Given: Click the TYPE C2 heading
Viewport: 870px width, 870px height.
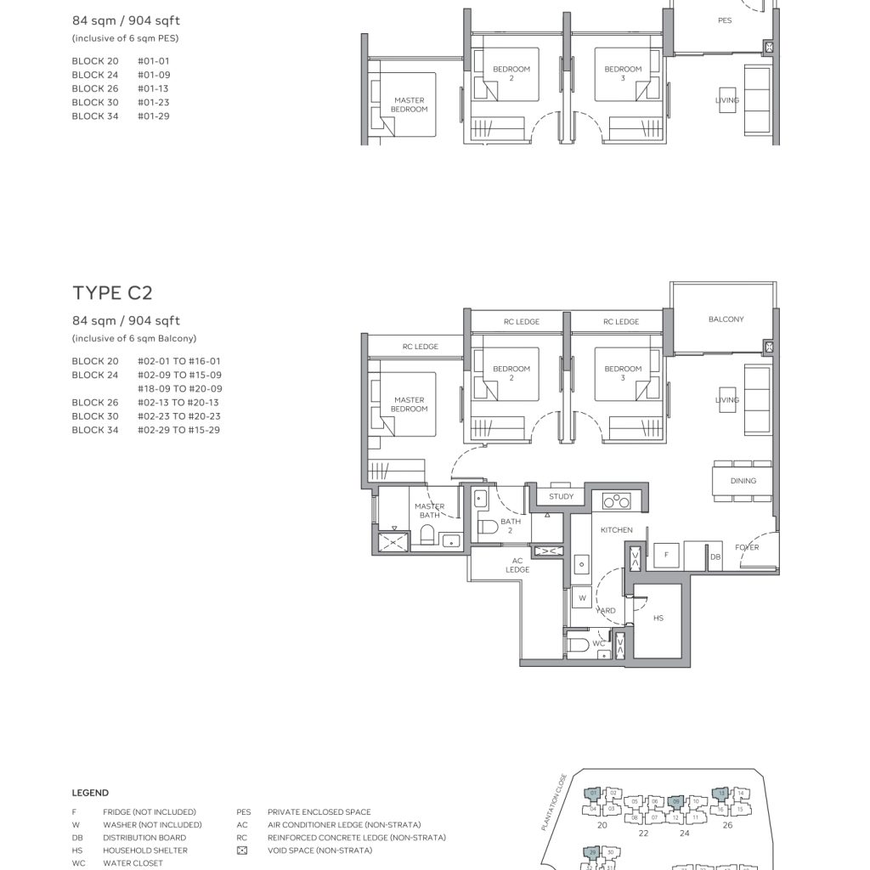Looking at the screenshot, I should tap(112, 293).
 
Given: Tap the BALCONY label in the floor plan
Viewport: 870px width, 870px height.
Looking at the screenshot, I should tap(726, 319).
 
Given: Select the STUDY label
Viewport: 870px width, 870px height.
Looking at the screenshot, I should tap(561, 496).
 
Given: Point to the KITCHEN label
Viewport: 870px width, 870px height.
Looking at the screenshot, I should tap(616, 530).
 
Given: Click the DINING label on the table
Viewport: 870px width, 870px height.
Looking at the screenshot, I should tap(743, 481).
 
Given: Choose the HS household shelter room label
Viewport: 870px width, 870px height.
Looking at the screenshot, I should tap(658, 619).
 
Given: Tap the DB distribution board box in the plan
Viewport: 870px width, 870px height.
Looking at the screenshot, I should tap(715, 556).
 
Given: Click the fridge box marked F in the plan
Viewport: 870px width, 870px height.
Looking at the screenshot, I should tap(665, 554).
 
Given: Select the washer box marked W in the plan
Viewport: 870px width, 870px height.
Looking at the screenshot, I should tap(582, 598).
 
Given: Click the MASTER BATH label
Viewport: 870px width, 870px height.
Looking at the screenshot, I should tap(429, 511).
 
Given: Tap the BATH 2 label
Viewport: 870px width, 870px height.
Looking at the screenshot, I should tap(511, 526).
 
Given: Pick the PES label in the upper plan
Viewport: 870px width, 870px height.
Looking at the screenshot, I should tap(725, 20).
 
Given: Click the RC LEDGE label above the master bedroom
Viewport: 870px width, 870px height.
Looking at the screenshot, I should tap(421, 347).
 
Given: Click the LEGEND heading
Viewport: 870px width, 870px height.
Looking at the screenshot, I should tap(90, 793).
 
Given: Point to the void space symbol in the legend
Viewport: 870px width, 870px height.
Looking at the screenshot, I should tap(242, 850).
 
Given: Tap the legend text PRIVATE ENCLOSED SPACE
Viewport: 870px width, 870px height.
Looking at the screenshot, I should tap(319, 812).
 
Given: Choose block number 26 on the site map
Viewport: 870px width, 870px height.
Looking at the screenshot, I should tap(727, 825).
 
